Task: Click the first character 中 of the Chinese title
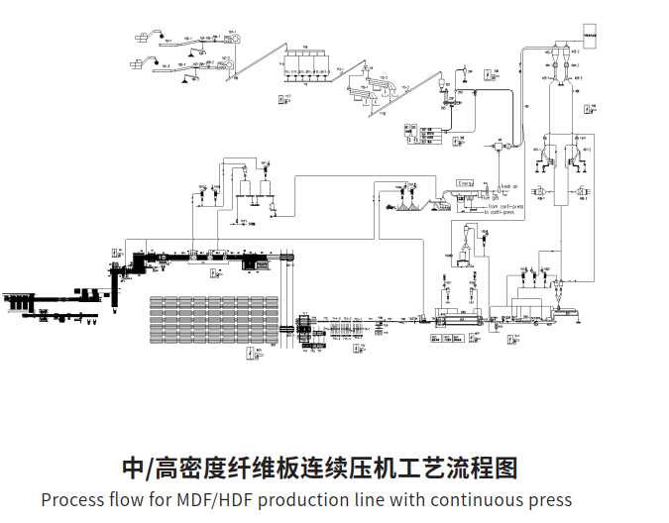[134, 467]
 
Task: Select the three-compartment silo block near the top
[307, 63]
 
